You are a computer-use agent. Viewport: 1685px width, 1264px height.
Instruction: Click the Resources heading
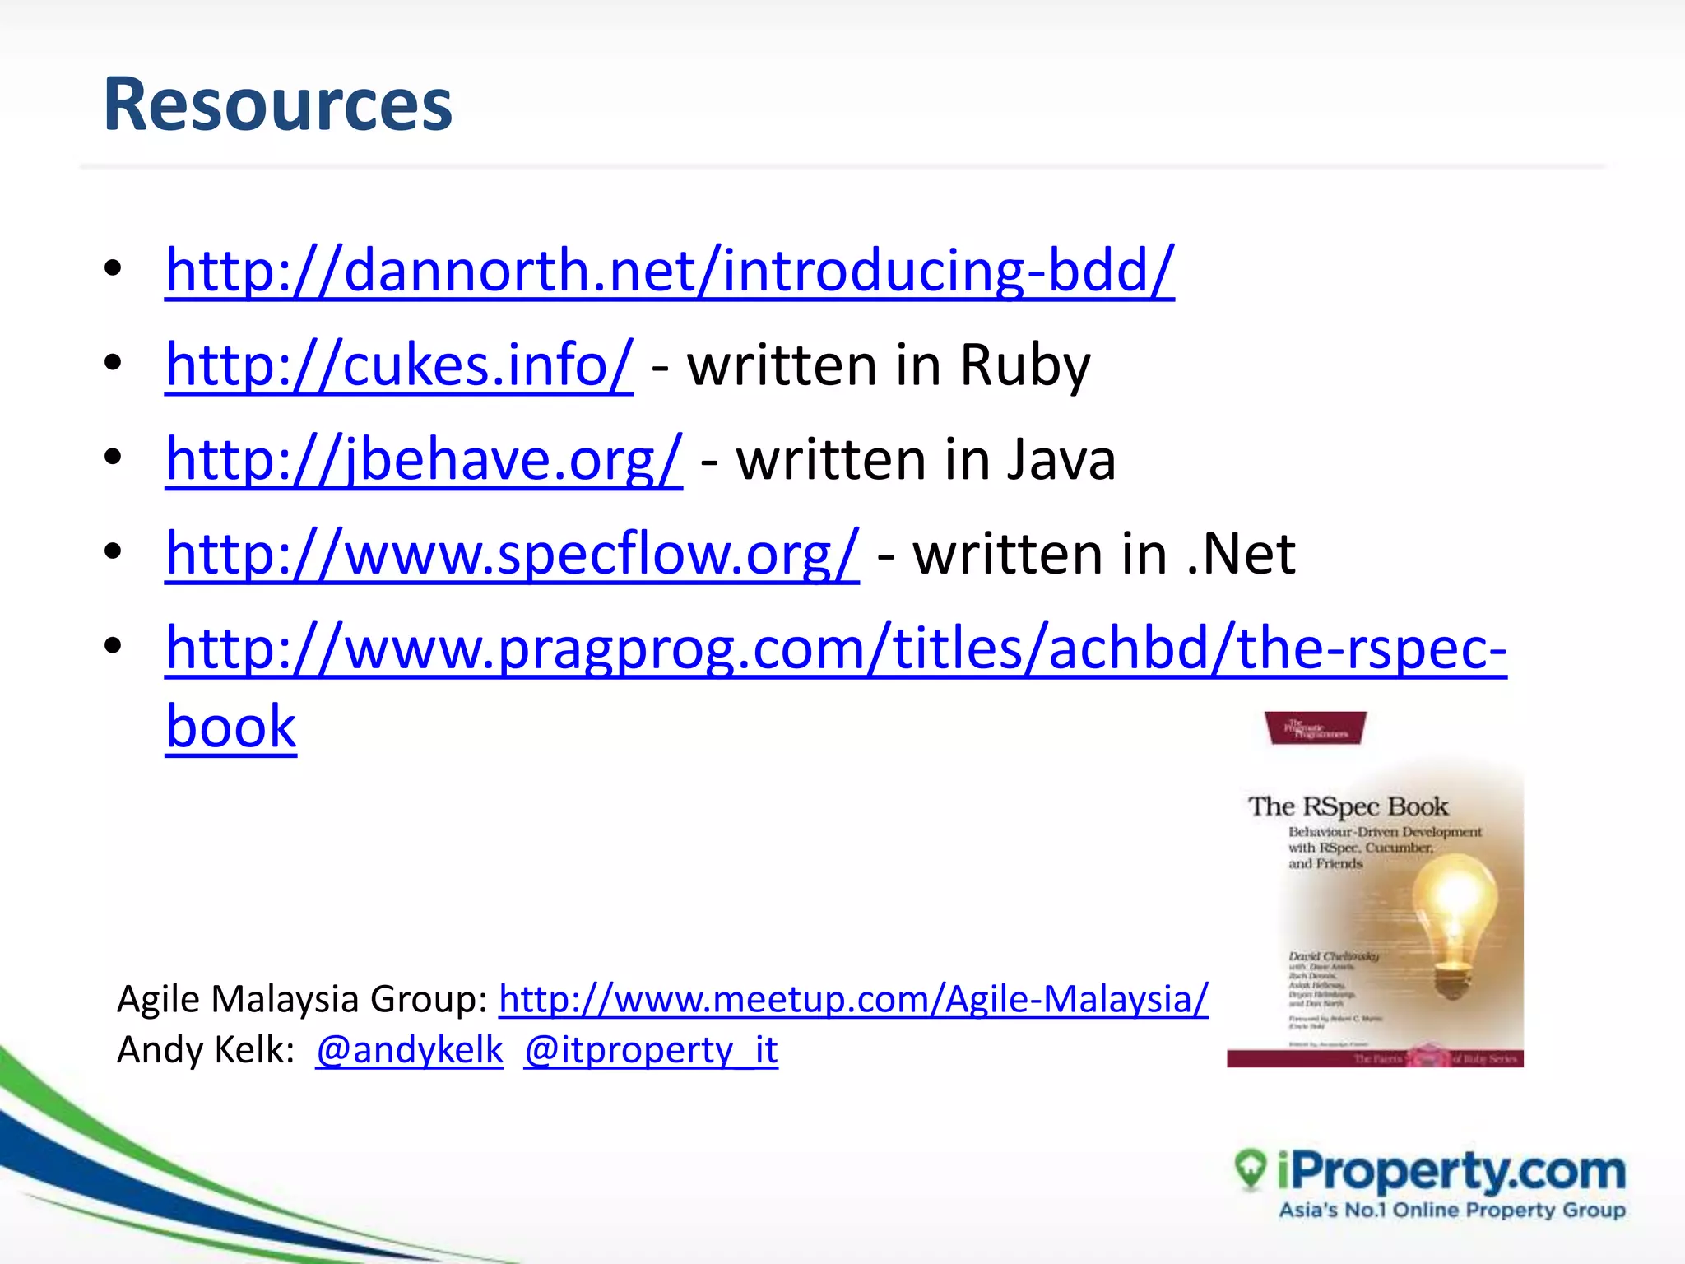point(277,105)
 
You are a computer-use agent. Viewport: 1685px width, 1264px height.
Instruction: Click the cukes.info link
point(399,365)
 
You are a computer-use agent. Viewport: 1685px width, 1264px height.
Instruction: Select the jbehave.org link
point(424,459)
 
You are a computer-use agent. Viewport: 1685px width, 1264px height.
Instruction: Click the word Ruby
point(1024,365)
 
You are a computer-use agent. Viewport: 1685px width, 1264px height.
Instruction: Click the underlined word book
point(230,727)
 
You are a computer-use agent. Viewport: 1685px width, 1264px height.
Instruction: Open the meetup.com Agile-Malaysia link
point(853,999)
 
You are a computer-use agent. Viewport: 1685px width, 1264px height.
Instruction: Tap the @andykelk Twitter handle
point(409,1050)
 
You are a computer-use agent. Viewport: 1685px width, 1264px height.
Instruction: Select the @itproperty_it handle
point(650,1050)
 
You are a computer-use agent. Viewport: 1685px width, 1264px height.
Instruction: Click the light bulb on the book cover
point(1455,913)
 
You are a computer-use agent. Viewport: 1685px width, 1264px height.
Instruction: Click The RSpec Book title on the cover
point(1348,806)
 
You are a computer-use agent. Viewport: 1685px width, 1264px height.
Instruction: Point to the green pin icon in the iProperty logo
point(1251,1167)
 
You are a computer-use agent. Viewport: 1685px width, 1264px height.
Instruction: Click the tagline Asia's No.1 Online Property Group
point(1451,1210)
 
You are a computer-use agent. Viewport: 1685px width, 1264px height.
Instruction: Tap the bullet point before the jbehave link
point(113,458)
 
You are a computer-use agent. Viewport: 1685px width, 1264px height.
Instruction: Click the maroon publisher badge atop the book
point(1315,728)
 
